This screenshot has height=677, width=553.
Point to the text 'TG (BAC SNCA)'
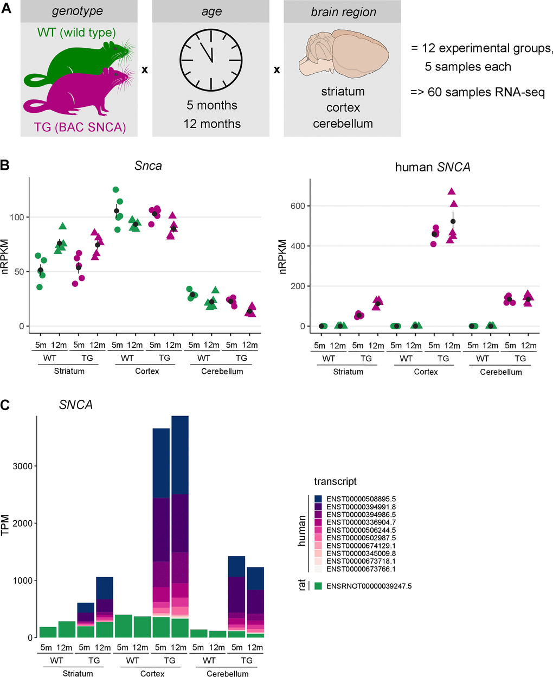pos(80,127)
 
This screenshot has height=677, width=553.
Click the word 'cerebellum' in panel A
pos(343,124)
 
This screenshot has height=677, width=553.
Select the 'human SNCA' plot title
pos(433,167)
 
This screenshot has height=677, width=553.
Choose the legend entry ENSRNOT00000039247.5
pos(369,586)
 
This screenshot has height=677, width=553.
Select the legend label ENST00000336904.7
pos(361,522)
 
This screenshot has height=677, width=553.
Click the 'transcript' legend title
pos(335,482)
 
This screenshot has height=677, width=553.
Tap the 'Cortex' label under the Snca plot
pos(147,371)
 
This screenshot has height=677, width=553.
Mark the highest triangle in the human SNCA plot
pos(451,191)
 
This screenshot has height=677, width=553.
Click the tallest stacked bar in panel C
pos(180,526)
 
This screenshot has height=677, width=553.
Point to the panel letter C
pos(5,405)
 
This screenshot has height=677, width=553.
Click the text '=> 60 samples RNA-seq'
pos(477,92)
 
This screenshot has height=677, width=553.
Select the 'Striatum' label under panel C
pos(78,673)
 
